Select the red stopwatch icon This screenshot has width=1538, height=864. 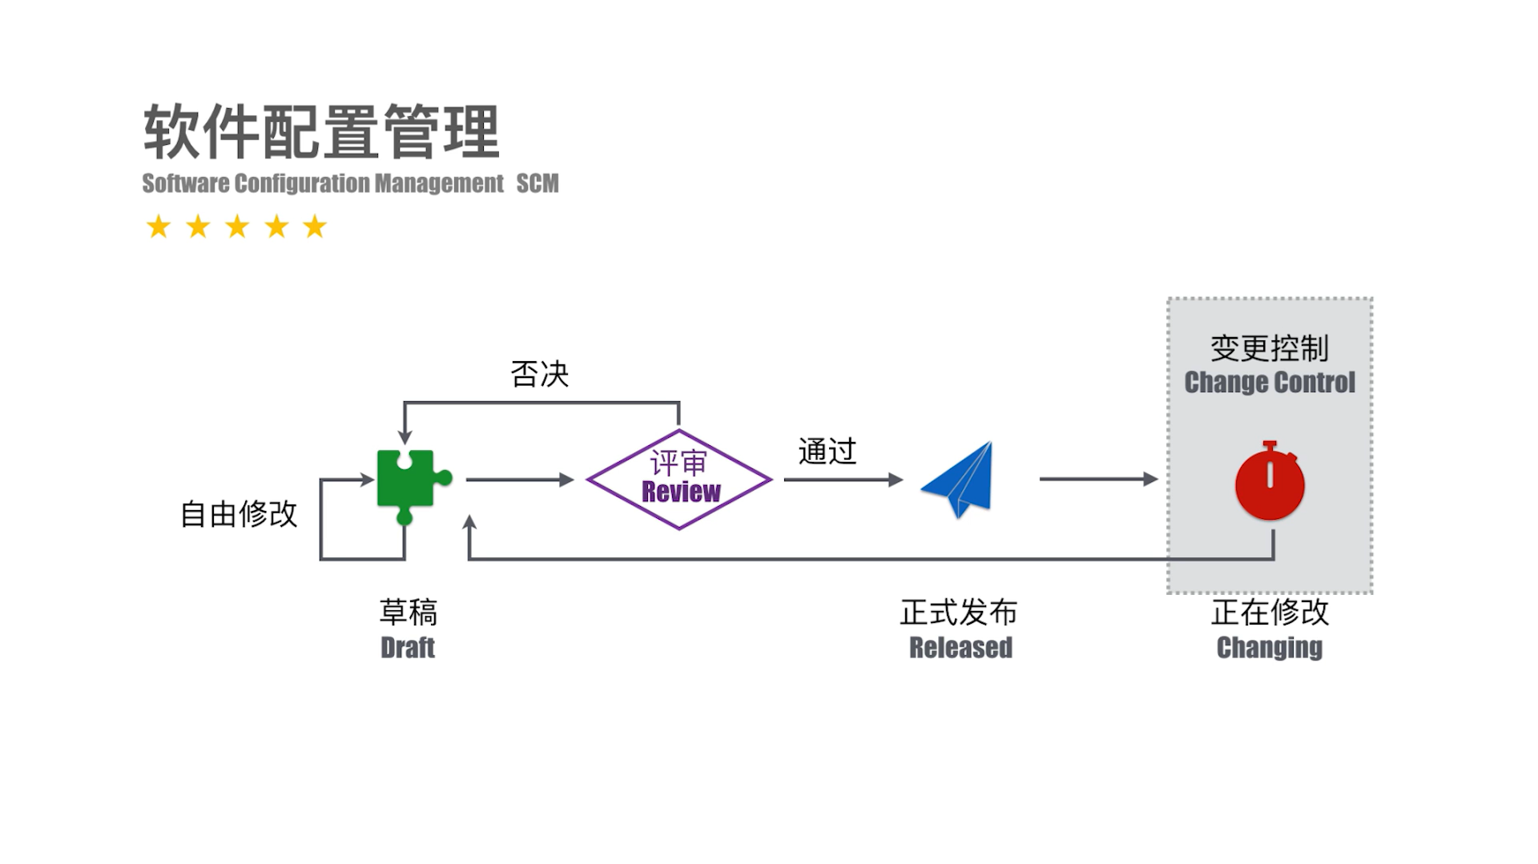1270,482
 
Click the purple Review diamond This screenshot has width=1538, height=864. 679,480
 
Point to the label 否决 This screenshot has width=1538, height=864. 539,374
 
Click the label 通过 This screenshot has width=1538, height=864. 827,452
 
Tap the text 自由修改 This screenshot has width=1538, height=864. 239,514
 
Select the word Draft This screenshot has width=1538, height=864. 408,647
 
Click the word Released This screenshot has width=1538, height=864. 960,647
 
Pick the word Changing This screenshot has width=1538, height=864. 1270,647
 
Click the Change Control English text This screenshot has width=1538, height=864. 1270,383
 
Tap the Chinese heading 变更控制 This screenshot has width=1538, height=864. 1270,348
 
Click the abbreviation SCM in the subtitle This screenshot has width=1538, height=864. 537,183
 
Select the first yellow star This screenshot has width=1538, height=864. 159,227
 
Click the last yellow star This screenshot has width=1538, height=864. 315,227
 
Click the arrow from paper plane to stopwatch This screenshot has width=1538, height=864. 1097,479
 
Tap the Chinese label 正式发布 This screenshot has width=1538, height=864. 959,613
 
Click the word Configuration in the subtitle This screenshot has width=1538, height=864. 301,183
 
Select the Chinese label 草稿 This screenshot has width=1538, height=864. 409,613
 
